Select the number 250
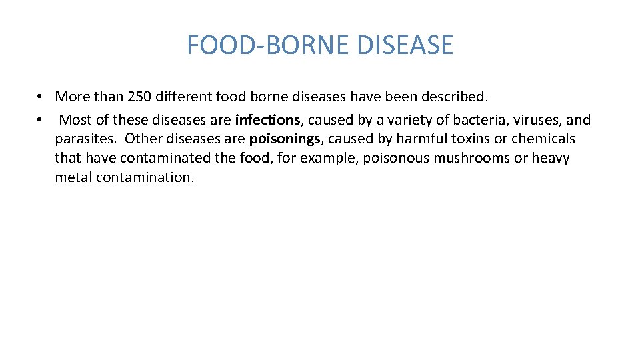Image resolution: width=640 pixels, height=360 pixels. click(139, 97)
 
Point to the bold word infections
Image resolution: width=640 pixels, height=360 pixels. click(268, 120)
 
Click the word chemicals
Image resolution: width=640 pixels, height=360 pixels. click(543, 139)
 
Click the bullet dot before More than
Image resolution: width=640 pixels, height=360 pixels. click(41, 97)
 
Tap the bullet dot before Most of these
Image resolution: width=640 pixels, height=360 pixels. click(41, 120)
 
